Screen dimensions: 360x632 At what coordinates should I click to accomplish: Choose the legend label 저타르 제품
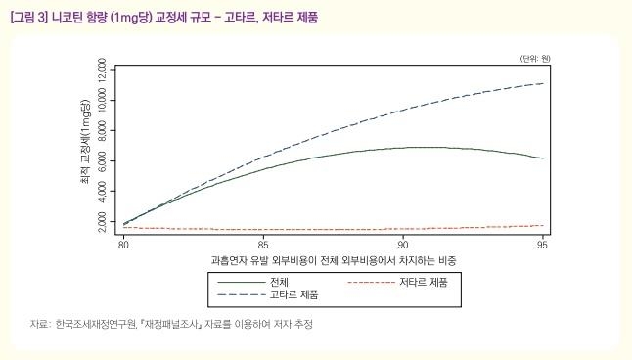pos(425,282)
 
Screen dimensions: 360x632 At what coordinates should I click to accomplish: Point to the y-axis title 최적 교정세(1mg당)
pos(85,147)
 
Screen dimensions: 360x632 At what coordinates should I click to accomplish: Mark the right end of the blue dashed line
pos(543,83)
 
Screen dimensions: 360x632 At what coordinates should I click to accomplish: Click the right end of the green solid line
pos(543,158)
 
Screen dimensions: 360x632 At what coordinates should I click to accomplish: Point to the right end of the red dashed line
pos(543,225)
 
